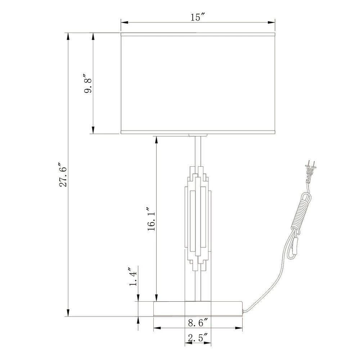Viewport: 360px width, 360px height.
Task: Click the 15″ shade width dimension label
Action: [198, 17]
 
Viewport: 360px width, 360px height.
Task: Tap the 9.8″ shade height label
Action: [88, 83]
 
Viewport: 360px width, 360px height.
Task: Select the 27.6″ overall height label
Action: [63, 175]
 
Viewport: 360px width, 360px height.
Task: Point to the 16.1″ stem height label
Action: [152, 219]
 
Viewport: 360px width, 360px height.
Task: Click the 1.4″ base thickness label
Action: [133, 276]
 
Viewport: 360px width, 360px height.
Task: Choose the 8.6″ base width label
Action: [198, 323]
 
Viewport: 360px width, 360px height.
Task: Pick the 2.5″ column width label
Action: [198, 338]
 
